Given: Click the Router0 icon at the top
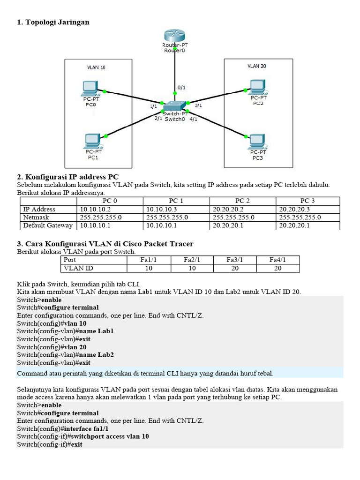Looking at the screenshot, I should pyautogui.click(x=175, y=37).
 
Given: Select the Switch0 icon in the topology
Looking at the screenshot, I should pyautogui.click(x=174, y=106).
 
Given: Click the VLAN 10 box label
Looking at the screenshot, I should pyautogui.click(x=96, y=67).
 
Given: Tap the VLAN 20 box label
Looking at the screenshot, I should pyautogui.click(x=257, y=66).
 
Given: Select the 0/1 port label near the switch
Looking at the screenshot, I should pyautogui.click(x=181, y=87).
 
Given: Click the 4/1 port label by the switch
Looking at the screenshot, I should pyautogui.click(x=193, y=119).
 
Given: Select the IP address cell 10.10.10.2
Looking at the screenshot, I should pyautogui.click(x=95, y=209).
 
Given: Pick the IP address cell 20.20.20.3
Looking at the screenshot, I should pyautogui.click(x=294, y=209).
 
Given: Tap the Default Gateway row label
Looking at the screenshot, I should pyautogui.click(x=48, y=225).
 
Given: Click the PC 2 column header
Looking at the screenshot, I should pyautogui.click(x=242, y=201).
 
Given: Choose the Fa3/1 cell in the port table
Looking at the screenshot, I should pyautogui.click(x=234, y=260).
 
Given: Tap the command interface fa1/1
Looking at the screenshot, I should pyautogui.click(x=86, y=428).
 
